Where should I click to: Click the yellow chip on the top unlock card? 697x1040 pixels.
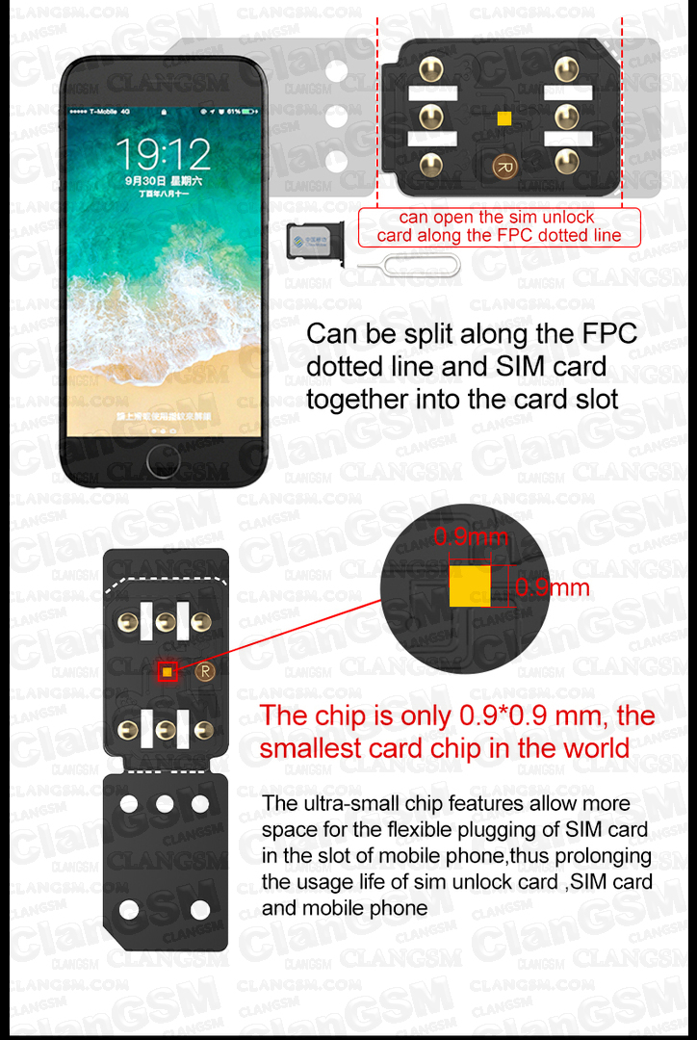[x=503, y=117]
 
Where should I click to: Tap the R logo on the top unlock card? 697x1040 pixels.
[x=503, y=167]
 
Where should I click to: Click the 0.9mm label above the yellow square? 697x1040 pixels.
[x=470, y=537]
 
